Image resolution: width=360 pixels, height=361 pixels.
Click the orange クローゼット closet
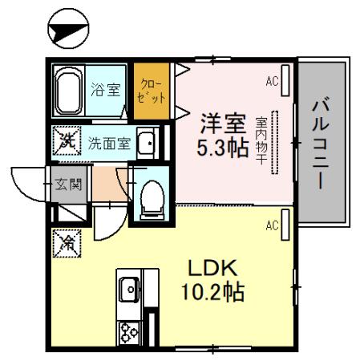151,91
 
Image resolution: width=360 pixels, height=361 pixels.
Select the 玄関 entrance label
67,187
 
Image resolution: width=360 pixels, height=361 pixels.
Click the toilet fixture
150,197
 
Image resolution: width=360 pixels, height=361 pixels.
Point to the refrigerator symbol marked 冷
66,241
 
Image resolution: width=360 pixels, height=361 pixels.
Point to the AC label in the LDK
270,225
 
